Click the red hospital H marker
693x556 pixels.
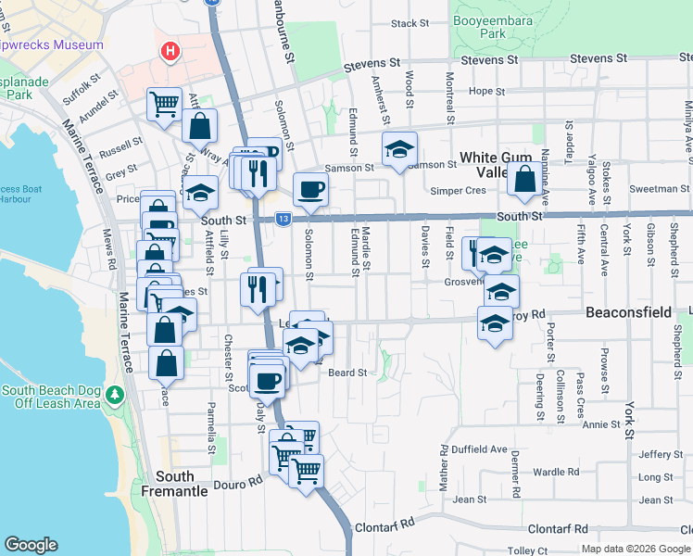[170, 52]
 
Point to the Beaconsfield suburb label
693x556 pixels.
[628, 313]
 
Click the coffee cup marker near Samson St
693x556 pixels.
[310, 189]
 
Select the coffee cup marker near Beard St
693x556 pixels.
[269, 379]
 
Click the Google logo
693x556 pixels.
[31, 545]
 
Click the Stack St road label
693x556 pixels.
[410, 23]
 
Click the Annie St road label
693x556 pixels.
[601, 424]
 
